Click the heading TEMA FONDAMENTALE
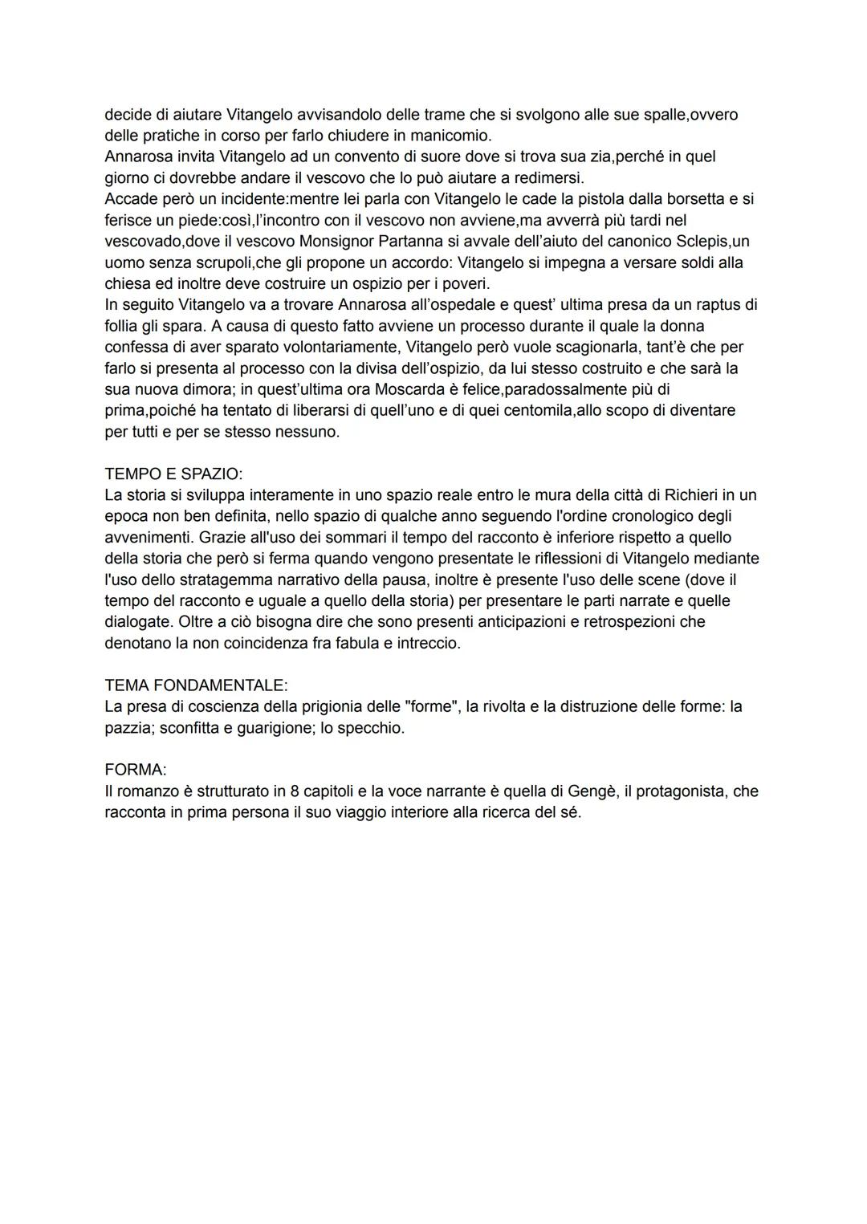[x=196, y=685]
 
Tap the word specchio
[x=372, y=728]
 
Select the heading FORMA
[x=135, y=770]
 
